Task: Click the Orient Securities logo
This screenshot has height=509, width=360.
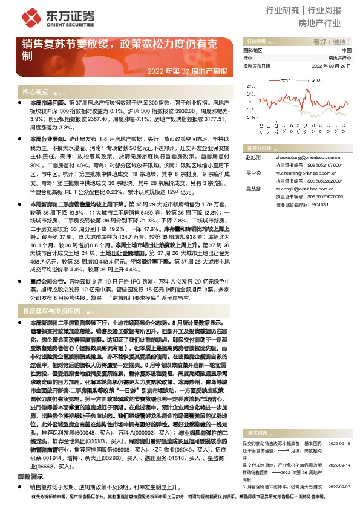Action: click(42, 16)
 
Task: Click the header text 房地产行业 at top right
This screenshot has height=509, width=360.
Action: click(320, 24)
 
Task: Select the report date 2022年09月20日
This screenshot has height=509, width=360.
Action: click(332, 66)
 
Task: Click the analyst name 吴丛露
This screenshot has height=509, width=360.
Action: click(252, 189)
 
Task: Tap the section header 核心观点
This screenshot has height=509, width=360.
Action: click(36, 92)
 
